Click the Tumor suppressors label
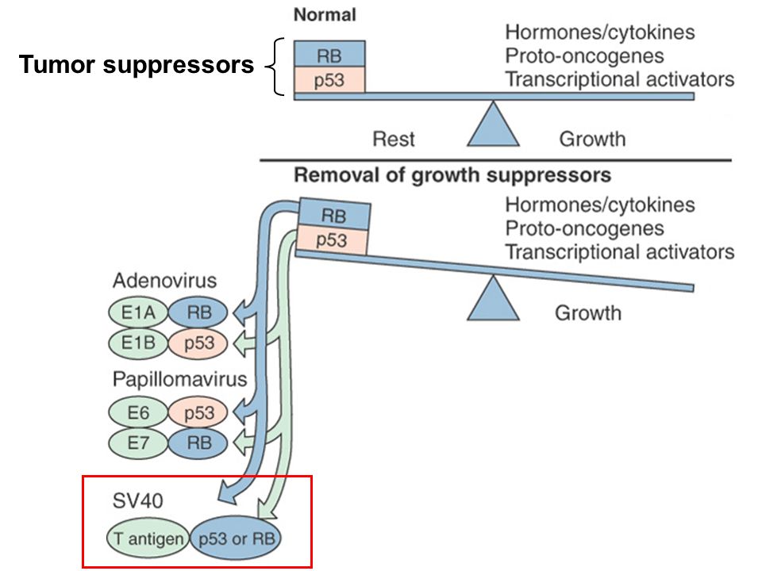click(136, 64)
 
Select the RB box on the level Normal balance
click(329, 54)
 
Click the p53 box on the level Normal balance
click(329, 79)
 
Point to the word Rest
click(393, 139)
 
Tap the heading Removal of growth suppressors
click(452, 174)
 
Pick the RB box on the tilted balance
click(334, 214)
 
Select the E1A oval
click(138, 312)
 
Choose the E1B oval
click(138, 343)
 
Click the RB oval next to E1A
click(198, 312)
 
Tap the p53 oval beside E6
click(198, 412)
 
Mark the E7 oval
click(138, 443)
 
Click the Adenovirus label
click(165, 281)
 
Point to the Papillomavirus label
click(180, 379)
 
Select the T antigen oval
click(148, 538)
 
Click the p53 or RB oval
click(236, 538)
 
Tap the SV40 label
click(137, 500)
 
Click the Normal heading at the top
click(325, 14)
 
